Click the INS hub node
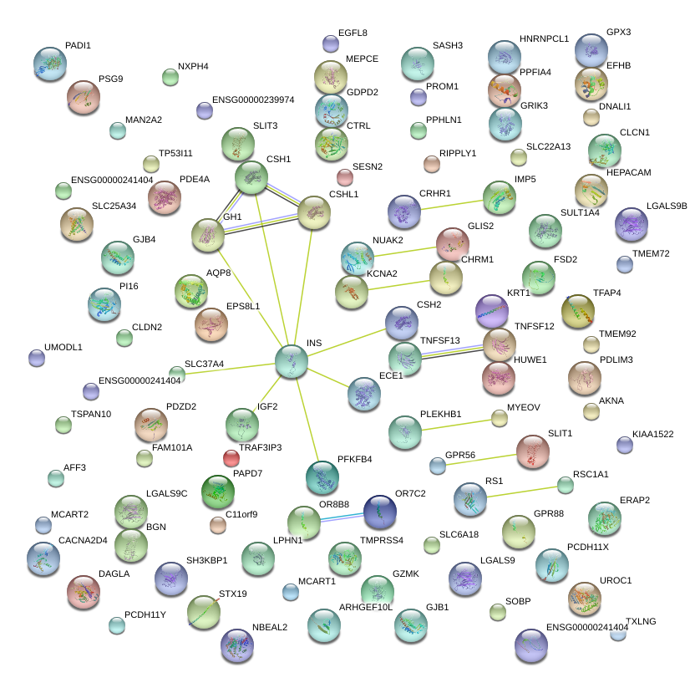[x=292, y=360]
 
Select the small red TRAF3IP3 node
[x=231, y=457]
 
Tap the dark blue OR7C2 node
[x=379, y=511]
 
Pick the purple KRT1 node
[x=491, y=311]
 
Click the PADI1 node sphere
[x=49, y=63]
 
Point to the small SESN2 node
[x=344, y=176]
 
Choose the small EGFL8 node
[x=330, y=43]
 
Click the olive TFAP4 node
[x=577, y=311]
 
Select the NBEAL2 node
[x=237, y=644]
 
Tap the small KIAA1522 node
[x=624, y=444]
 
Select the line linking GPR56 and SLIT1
[x=485, y=458]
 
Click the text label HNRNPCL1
[x=544, y=38]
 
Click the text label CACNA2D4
[x=84, y=540]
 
